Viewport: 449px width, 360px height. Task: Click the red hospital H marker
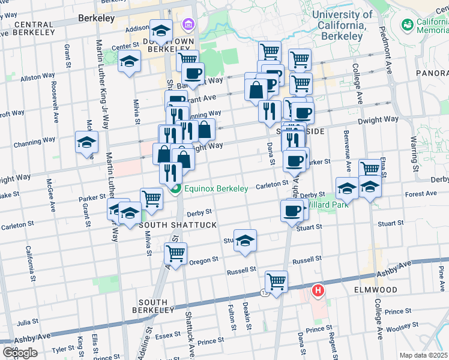pos(318,292)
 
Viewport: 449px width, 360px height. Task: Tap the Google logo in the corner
pos(20,353)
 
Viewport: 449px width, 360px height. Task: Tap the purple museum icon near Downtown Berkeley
pos(188,24)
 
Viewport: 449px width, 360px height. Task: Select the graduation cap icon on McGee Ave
pos(86,142)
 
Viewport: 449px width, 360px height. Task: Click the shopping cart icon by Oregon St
pos(175,253)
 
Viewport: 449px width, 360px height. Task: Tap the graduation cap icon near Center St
pos(129,61)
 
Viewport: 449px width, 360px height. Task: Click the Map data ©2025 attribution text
pos(423,355)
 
